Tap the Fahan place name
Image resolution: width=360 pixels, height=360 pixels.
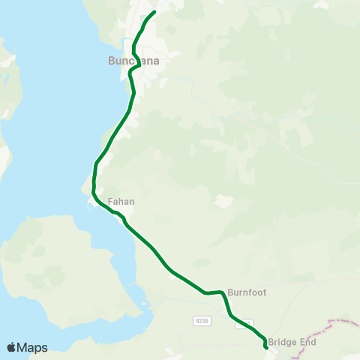121,202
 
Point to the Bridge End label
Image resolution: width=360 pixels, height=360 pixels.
292,342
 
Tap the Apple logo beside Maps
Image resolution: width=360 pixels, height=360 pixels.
12,347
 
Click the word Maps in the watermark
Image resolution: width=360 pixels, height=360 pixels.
33,347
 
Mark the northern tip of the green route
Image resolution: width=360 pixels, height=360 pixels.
154,12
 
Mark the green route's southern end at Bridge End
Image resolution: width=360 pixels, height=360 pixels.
267,348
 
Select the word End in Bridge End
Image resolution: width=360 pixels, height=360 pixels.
307,342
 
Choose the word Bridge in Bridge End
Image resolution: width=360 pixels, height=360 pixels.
282,342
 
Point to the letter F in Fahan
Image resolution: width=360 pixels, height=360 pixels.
110,202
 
